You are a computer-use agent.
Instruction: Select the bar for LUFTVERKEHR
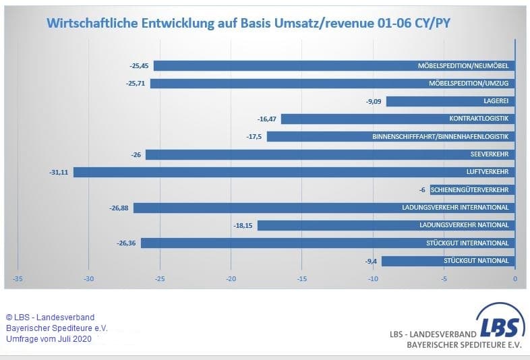tap(294, 172)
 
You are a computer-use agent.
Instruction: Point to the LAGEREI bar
tap(450, 101)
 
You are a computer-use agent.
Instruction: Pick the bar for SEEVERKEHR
tap(330, 154)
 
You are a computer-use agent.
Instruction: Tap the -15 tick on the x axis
tap(302, 278)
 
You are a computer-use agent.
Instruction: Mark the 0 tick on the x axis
tap(514, 278)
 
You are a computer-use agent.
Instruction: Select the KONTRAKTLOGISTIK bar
tap(398, 119)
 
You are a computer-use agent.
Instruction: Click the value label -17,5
tap(255, 137)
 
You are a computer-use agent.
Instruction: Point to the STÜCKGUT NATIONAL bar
tap(448, 261)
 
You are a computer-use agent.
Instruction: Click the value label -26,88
tap(119, 208)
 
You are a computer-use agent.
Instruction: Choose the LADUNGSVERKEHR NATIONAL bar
tap(386, 225)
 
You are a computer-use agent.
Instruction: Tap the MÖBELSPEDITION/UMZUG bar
tap(332, 84)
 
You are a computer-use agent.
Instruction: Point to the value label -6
tap(422, 190)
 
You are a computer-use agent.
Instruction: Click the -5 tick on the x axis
tap(444, 278)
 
